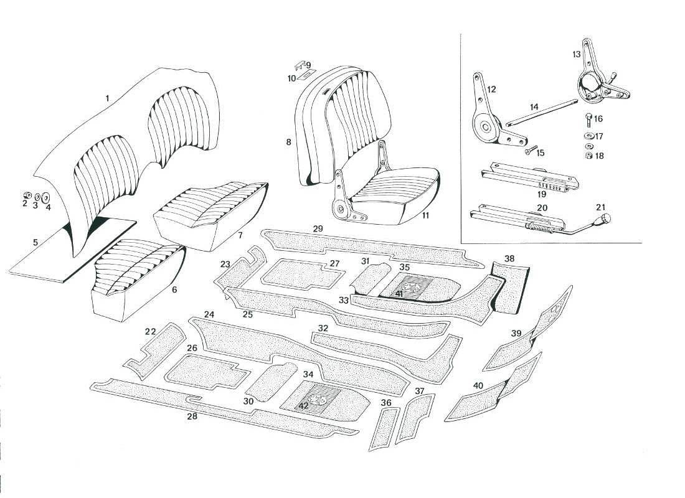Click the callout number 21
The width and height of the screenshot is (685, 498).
tap(600, 207)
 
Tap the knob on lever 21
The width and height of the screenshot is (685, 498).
tap(605, 220)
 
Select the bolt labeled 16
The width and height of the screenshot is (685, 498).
tap(587, 118)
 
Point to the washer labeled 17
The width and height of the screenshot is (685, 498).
tap(588, 136)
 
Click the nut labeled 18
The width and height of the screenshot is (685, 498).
tap(587, 156)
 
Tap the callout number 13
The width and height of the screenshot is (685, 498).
tap(577, 55)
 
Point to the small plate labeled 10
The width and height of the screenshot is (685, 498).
tap(303, 76)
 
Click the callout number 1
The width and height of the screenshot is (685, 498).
tap(107, 98)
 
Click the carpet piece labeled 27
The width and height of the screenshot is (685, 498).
tap(293, 273)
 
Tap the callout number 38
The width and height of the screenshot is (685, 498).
tap(509, 258)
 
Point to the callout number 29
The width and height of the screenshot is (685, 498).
tap(318, 229)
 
